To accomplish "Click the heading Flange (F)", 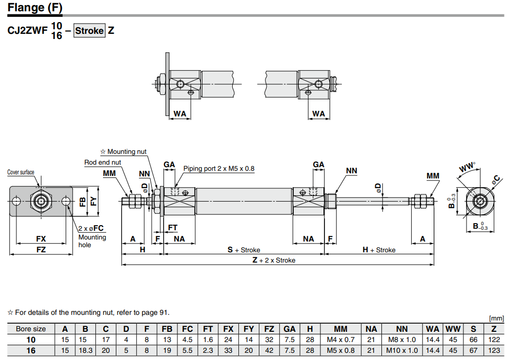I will (35, 8).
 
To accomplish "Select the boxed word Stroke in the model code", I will (89, 30).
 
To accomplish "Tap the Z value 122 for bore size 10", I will (494, 339).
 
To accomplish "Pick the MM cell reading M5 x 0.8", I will (340, 350).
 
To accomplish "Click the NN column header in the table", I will (402, 329).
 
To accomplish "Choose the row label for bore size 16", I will (31, 350).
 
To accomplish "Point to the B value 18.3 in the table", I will (86, 350).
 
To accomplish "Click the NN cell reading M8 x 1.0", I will (402, 339).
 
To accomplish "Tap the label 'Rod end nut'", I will (103, 163).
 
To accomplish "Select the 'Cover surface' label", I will (21, 172).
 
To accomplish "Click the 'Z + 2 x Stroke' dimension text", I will (274, 260).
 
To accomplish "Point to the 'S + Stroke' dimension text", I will (244, 250).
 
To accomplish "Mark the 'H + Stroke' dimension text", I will (379, 250).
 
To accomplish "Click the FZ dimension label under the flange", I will (41, 250).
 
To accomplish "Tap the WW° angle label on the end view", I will (467, 167).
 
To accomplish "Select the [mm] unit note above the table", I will (496, 318).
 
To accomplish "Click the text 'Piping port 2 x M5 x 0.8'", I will (219, 168).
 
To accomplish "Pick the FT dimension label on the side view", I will (173, 227).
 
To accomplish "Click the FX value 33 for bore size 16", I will (229, 350).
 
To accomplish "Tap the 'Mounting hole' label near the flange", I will (92, 241).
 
